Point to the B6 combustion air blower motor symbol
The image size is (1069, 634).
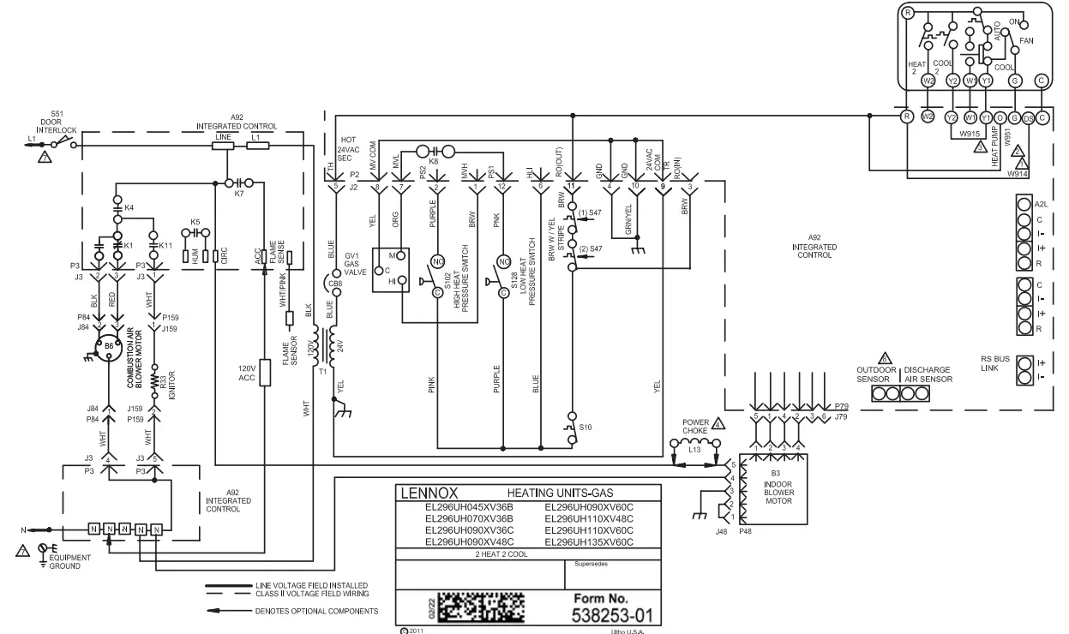109,346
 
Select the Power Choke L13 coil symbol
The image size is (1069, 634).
695,446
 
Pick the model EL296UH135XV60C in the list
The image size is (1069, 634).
589,542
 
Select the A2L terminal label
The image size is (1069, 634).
1042,205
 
